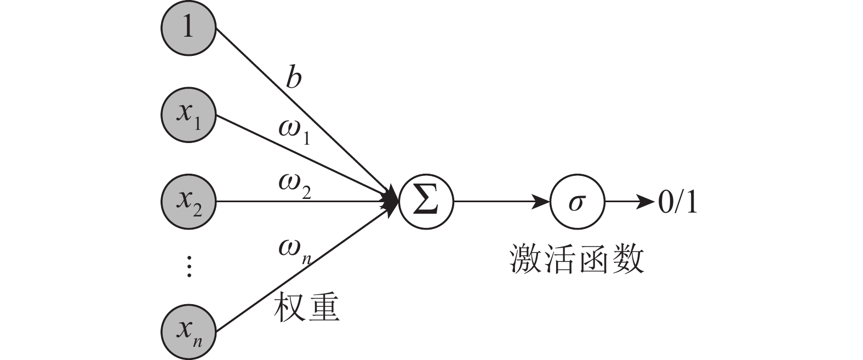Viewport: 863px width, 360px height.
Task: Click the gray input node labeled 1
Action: click(x=188, y=27)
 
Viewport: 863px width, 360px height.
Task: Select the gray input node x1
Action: click(x=188, y=115)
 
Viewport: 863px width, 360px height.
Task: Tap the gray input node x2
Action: click(x=188, y=202)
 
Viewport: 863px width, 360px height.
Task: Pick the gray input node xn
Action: click(x=188, y=332)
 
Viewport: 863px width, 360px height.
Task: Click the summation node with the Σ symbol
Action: click(x=426, y=202)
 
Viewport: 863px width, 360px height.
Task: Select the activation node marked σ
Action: click(x=577, y=202)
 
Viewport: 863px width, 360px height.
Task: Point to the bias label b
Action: click(x=294, y=78)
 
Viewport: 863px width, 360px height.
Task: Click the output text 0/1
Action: click(x=677, y=203)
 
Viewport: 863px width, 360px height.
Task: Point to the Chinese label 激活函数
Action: click(x=577, y=259)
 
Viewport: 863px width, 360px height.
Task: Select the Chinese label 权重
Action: click(x=306, y=307)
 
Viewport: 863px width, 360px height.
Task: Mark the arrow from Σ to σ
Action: click(x=501, y=202)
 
